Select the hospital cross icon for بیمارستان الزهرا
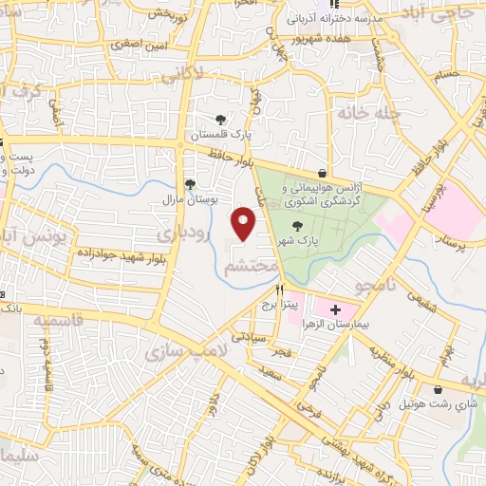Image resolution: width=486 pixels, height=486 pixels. [335, 310]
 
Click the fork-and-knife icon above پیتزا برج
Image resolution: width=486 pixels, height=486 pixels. [279, 290]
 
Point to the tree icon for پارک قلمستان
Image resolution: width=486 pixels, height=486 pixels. [221, 120]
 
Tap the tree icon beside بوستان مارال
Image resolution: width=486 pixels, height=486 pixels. [190, 184]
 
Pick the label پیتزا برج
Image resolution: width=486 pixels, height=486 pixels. [280, 305]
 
